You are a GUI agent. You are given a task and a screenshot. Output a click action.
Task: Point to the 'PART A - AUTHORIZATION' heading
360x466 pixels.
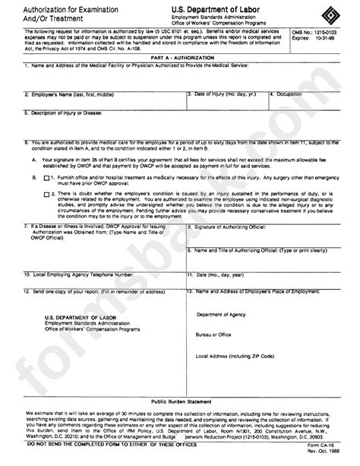pyautogui.click(x=179, y=58)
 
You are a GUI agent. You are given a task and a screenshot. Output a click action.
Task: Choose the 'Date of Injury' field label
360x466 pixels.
pyautogui.click(x=225, y=94)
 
